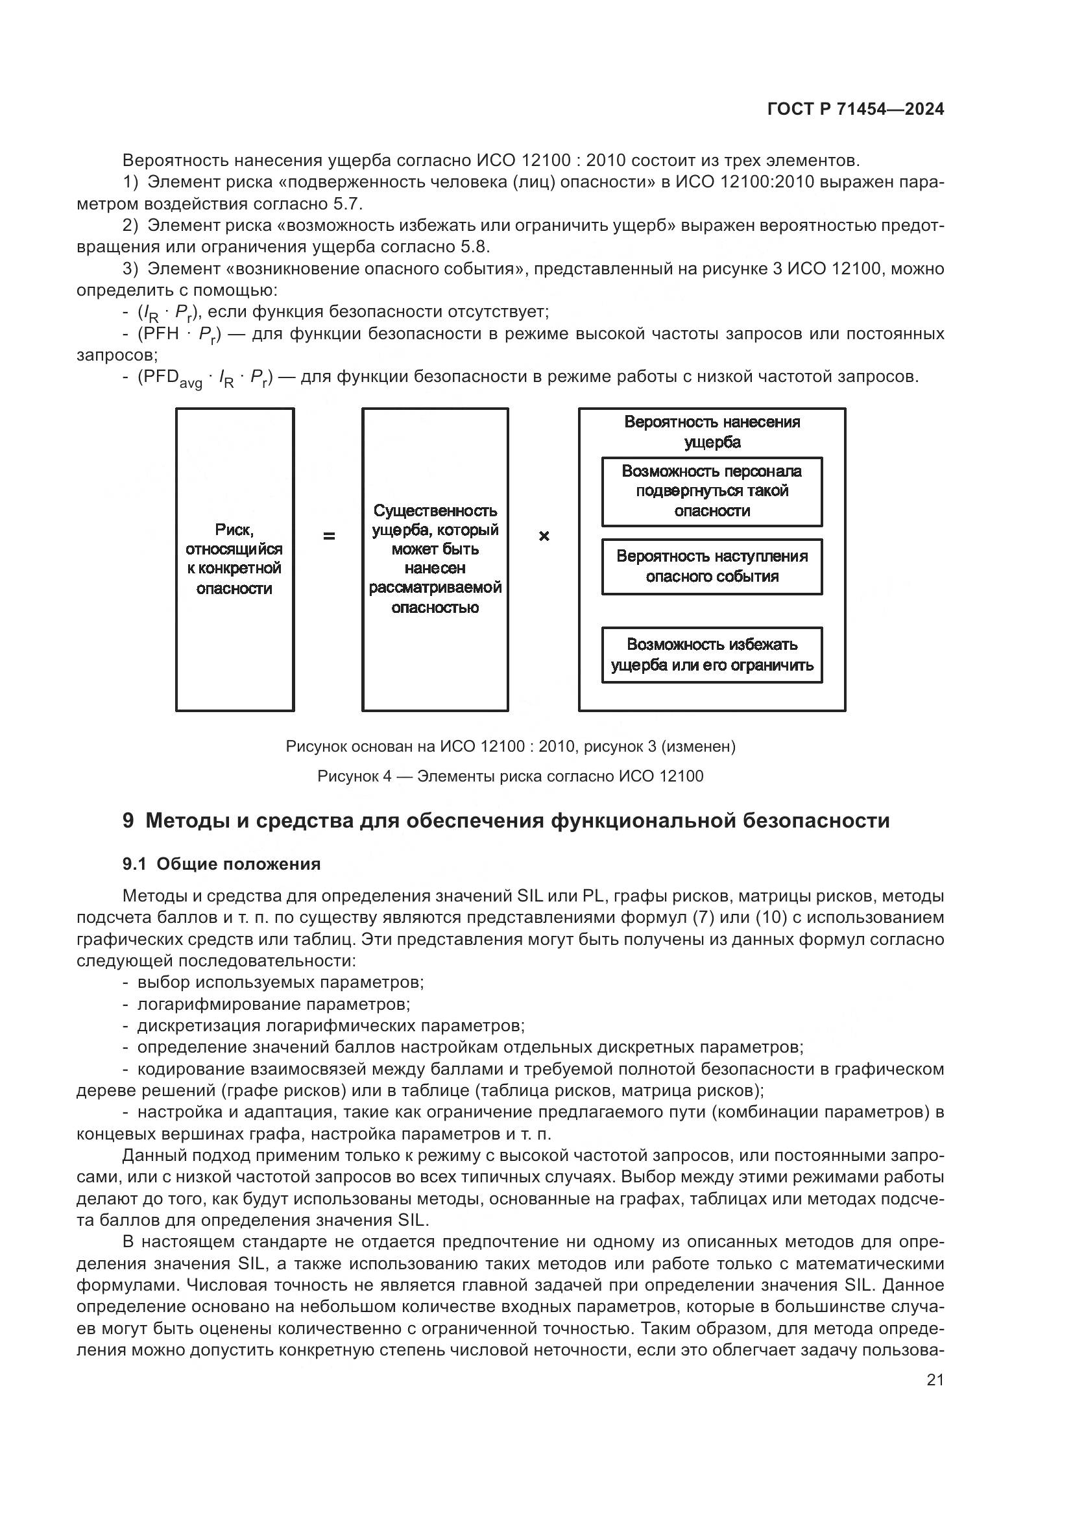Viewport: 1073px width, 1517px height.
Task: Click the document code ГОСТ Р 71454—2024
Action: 856,110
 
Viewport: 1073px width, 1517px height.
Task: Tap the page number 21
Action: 935,1380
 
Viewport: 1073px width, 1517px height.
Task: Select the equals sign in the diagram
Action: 328,536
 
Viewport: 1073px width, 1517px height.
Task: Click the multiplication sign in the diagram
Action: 544,536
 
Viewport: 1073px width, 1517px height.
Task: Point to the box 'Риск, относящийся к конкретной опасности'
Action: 235,559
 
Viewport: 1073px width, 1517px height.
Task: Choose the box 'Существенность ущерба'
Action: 435,559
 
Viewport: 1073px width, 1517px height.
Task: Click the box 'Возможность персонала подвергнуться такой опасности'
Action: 712,491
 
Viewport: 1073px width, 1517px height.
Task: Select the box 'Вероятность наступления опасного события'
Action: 712,566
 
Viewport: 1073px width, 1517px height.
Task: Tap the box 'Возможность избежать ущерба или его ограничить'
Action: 712,654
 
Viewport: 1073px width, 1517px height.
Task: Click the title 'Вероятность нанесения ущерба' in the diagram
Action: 712,431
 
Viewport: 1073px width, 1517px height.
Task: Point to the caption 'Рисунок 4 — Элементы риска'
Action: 510,776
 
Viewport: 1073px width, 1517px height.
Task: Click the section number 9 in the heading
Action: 128,820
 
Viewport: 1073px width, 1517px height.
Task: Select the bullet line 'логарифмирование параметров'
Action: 274,1004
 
